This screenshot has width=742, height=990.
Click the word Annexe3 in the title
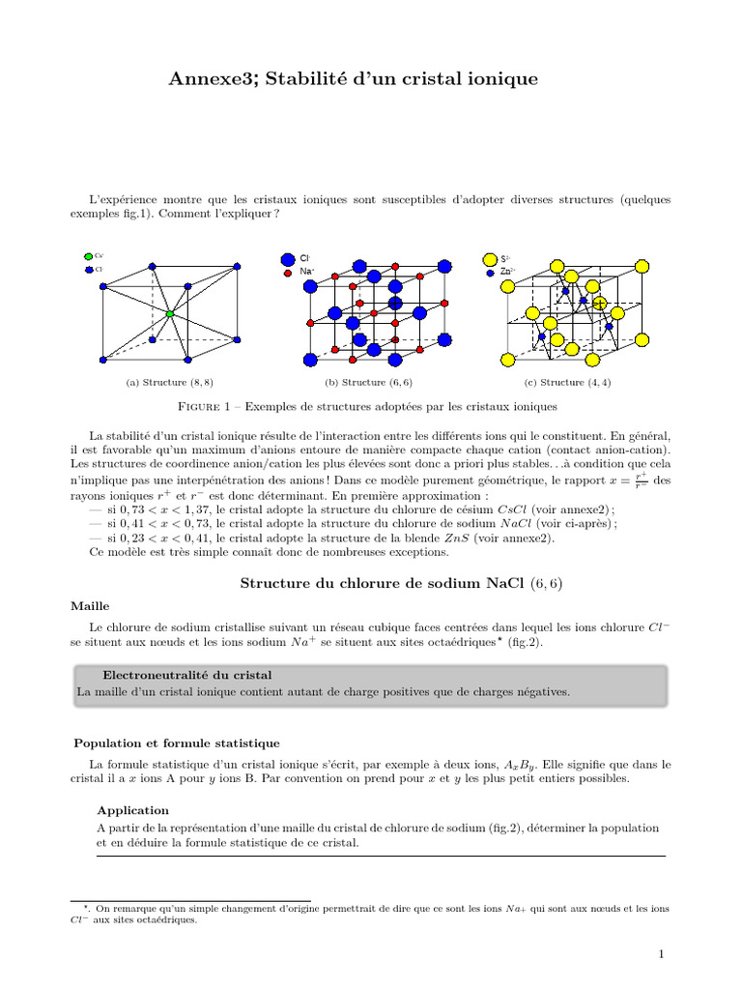207,78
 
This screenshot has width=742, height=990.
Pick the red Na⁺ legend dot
287,274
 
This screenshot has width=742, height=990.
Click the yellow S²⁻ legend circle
489,259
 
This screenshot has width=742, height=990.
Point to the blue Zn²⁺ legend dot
490,274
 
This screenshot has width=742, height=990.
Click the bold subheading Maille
90,606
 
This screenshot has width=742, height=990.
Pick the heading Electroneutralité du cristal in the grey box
187,674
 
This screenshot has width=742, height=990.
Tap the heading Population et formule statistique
177,742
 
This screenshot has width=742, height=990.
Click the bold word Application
133,810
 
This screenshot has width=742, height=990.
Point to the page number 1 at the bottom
661,955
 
